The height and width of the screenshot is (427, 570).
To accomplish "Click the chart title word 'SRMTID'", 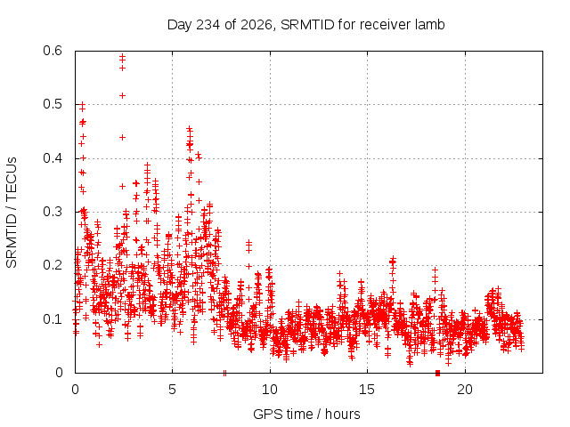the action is coord(307,25).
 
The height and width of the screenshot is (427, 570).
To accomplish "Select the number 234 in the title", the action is coord(208,25).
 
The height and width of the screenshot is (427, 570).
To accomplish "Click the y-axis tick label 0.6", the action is coord(53,51).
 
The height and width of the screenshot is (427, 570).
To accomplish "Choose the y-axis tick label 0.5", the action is coord(53,104).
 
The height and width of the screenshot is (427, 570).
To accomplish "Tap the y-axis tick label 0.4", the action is coord(53,158).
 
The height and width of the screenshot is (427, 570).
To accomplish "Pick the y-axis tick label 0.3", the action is coord(53,212).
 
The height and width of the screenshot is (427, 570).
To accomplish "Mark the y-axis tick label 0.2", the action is coord(53,265).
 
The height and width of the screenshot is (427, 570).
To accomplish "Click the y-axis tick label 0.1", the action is coord(53,319).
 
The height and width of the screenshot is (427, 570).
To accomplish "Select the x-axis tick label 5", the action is coord(172,390).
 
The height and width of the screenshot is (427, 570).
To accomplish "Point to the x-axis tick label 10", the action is coord(270,390).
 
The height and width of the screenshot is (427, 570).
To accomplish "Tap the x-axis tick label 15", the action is coord(367,390).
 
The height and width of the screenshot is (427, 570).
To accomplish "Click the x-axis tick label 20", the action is coord(465,390).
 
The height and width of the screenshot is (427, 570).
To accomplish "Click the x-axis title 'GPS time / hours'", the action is coord(306,414).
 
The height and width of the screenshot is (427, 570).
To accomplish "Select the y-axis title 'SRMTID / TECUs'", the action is coord(12,213).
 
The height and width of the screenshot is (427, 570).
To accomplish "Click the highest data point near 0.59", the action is coord(123,56).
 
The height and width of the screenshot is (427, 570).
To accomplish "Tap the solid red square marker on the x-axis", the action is coord(437,373).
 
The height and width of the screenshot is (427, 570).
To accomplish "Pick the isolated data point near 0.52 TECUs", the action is coord(123,95).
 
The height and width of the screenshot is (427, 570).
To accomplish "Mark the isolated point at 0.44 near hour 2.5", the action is coord(123,137).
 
